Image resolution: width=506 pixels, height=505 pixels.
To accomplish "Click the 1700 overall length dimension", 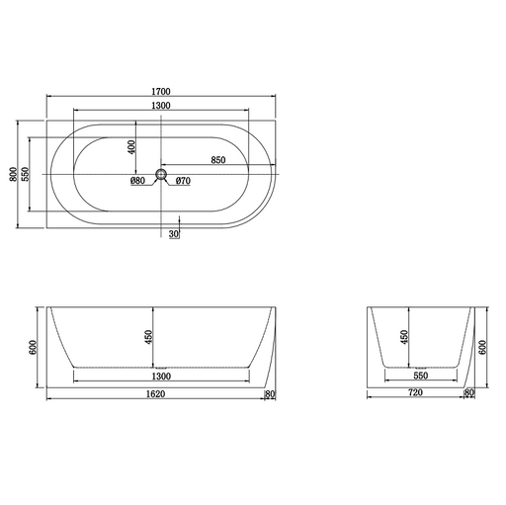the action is [161, 91].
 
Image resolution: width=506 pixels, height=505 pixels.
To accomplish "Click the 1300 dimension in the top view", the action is [161, 106].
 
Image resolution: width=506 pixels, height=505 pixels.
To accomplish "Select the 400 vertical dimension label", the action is [131, 147].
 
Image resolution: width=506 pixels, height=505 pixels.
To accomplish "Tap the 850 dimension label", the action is [218, 160].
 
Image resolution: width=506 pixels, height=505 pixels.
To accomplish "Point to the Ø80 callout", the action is [137, 181].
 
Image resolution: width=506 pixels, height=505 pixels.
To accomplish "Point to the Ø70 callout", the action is [183, 181].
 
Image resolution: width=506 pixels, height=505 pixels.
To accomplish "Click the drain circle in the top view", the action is [161, 174].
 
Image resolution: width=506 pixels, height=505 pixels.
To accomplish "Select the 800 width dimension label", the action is [13, 174].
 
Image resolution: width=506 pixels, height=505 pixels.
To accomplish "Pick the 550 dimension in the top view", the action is [26, 174].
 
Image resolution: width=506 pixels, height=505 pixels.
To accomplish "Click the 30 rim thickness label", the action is [174, 234].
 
